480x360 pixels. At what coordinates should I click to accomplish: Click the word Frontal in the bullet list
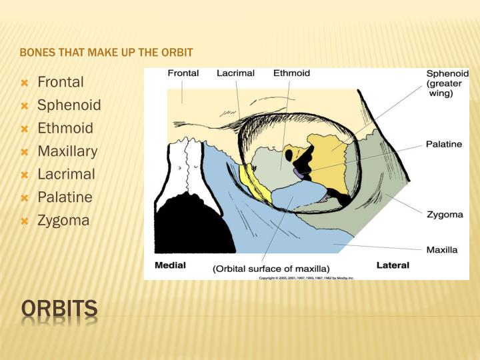(61, 83)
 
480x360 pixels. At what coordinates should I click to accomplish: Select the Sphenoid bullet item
(69, 105)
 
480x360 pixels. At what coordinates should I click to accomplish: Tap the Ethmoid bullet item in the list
(65, 129)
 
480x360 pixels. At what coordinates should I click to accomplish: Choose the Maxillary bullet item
(67, 151)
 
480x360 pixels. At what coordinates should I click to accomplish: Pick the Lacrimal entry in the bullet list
(67, 174)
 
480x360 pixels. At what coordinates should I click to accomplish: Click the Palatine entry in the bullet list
(65, 197)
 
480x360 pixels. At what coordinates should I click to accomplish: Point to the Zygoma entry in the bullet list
(63, 220)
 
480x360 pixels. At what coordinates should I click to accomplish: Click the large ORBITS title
(59, 309)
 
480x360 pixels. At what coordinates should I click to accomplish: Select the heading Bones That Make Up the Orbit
(106, 52)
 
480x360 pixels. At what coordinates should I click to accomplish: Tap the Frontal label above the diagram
(183, 73)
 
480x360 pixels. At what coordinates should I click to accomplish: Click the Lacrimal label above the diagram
(235, 73)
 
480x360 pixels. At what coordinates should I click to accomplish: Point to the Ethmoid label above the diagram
(291, 73)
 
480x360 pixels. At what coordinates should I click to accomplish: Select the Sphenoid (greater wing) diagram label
(447, 83)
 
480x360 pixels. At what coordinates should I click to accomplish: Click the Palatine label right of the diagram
(443, 143)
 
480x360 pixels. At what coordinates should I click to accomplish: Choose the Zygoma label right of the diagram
(444, 215)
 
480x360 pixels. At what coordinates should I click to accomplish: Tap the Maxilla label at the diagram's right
(441, 250)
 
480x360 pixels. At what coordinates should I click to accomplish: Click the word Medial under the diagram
(170, 265)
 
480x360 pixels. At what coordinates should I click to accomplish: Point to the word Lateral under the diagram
(393, 265)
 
